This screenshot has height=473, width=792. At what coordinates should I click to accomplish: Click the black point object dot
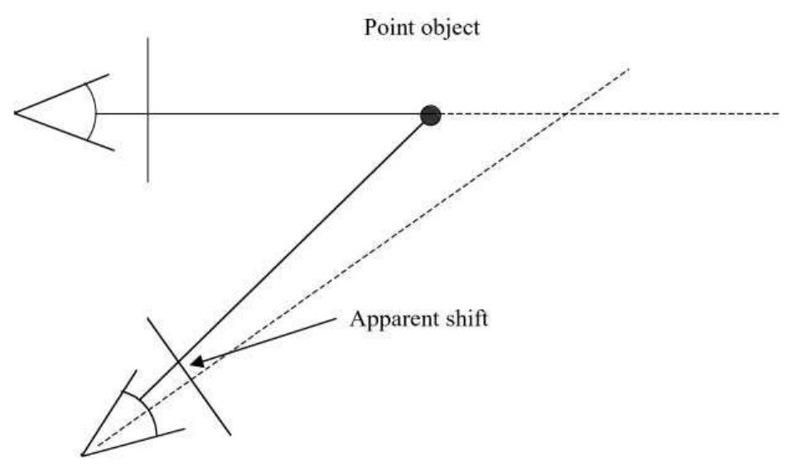430,115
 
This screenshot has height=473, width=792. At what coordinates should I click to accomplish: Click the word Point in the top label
384,27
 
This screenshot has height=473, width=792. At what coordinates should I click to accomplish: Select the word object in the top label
451,29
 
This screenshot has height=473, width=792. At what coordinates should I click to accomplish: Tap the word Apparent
386,318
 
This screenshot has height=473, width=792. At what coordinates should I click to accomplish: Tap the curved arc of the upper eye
94,113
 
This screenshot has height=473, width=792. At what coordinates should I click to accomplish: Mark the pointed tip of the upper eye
15,113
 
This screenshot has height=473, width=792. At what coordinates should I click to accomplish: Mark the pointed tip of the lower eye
83,453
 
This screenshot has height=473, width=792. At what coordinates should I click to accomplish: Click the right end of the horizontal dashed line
778,113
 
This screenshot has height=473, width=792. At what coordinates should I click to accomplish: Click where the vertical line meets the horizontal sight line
147,113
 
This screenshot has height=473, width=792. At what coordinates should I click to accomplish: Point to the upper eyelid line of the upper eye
62,93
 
